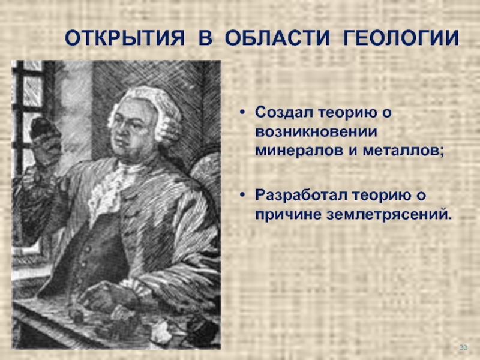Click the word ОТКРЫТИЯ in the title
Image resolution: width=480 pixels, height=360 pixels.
point(125,38)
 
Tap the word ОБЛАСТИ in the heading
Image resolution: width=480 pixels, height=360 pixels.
point(277,38)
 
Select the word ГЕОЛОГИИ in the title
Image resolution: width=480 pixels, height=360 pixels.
point(401,38)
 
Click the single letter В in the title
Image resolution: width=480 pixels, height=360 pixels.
point(205,38)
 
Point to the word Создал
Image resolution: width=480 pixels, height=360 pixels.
point(284,113)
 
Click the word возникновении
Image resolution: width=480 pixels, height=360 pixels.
point(316,132)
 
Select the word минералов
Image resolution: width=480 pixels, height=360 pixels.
point(299,151)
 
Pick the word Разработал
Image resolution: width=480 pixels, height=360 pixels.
point(301,196)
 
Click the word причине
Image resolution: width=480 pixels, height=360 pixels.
point(288,215)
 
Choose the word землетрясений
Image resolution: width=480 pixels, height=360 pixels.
point(389,215)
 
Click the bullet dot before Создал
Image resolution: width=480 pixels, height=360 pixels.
point(242,113)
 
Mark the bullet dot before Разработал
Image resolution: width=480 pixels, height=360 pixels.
point(242,195)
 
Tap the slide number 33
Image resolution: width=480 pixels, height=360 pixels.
point(463,347)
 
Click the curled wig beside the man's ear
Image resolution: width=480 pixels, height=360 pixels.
point(167,125)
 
